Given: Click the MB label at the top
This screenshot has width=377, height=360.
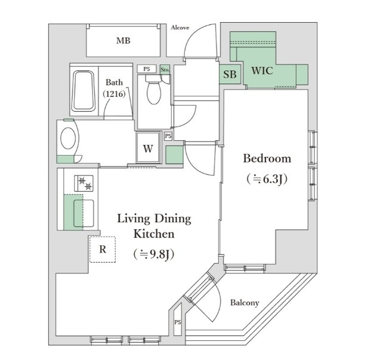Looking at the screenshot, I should point(123,41).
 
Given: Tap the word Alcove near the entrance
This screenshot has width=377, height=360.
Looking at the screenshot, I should point(180,27).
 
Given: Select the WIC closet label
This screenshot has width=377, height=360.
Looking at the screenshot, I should point(262,70).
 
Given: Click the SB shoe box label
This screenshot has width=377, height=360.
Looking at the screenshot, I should point(230,75).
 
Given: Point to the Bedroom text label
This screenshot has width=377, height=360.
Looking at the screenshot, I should point(267,158).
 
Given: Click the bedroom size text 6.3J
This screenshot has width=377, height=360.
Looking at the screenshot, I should point(267,179).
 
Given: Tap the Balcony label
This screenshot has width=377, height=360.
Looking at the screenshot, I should point(245,303).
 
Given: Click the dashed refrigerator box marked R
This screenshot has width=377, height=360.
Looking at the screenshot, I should point(102,250).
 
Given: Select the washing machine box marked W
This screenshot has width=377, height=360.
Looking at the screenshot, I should point(147,149).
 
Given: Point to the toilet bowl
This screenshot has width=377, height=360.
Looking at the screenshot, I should point(154,91).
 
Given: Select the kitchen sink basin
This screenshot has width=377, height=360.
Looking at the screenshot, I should point(81,213).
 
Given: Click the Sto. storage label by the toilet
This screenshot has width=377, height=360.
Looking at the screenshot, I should point(165,69).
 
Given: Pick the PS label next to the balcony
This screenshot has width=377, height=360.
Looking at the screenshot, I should point(178,322).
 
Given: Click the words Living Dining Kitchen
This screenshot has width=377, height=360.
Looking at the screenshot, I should point(154,226).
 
